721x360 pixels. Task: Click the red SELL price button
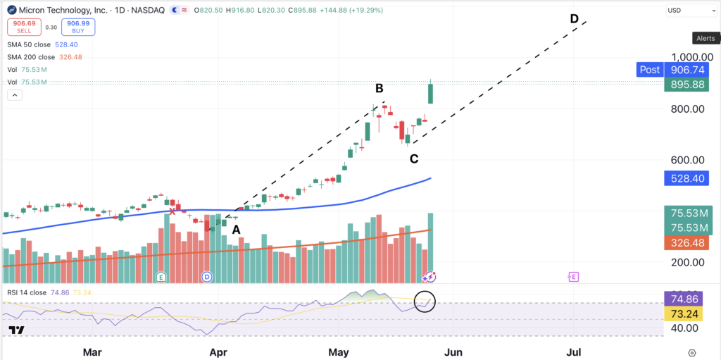[x=25, y=27]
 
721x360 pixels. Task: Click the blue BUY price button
[x=79, y=27]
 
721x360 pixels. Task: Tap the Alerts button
[x=706, y=39]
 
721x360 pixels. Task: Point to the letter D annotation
[x=574, y=19]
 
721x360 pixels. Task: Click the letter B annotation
[x=380, y=88]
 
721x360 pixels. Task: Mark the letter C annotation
[x=414, y=159]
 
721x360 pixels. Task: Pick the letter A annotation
[x=236, y=230]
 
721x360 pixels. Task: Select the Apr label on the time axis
[x=218, y=353]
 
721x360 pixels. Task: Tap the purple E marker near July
[x=573, y=277]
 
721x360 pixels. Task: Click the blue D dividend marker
[x=207, y=277]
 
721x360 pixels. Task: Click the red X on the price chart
[x=173, y=211]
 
